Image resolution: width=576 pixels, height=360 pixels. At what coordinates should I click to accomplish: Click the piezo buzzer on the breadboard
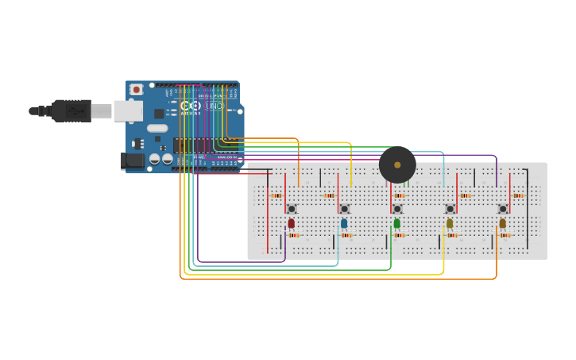397,165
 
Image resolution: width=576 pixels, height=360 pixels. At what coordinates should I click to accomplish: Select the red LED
292,223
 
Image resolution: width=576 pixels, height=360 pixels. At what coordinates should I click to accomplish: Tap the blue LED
344,223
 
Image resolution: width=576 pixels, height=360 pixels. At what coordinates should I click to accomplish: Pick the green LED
397,223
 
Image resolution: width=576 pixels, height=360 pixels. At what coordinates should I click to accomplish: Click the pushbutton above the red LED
292,209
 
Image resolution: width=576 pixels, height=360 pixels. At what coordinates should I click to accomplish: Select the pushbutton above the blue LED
344,209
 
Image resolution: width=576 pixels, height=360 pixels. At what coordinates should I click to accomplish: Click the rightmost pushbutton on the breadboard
503,209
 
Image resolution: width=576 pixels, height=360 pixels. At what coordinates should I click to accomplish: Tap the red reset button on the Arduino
136,90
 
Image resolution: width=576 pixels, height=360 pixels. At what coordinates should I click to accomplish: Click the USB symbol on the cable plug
76,111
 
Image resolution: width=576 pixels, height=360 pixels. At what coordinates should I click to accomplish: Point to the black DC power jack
133,161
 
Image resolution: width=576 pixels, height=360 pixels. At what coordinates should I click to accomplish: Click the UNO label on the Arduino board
214,106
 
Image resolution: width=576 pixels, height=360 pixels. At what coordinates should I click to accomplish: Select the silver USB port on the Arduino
127,110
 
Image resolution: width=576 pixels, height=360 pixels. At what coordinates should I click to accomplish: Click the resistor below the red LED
293,235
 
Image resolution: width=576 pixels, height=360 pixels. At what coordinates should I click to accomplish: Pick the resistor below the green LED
399,235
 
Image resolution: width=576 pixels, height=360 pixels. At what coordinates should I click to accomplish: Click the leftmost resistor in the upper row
276,195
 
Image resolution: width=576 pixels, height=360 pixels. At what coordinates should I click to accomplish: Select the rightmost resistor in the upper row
518,195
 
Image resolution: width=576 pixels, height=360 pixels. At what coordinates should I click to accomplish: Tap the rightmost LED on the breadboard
503,223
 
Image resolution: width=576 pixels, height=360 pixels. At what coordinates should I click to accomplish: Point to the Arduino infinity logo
190,106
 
